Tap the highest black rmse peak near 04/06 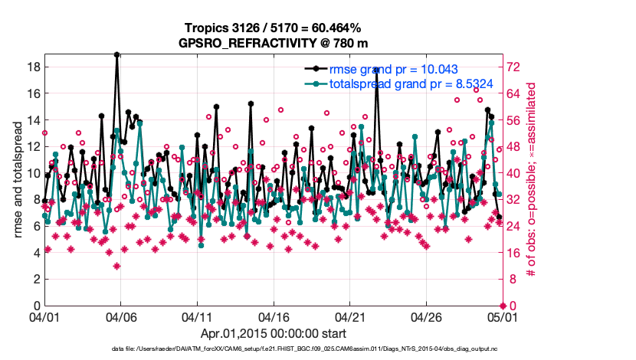pos(116,54)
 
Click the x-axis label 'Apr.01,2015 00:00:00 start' pos(273,333)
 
